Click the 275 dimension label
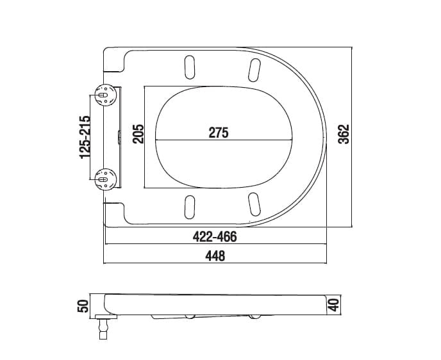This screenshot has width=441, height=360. (219, 133)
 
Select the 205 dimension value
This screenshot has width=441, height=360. (138, 134)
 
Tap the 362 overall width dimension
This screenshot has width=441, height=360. (344, 134)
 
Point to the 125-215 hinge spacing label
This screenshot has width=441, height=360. (85, 137)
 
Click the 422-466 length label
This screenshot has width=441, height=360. (215, 237)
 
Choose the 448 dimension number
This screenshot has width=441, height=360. (215, 256)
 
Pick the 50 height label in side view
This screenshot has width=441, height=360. (83, 306)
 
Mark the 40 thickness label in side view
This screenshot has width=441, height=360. (334, 305)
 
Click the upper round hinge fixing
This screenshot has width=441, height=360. (106, 95)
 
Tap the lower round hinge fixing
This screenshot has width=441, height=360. (106, 179)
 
